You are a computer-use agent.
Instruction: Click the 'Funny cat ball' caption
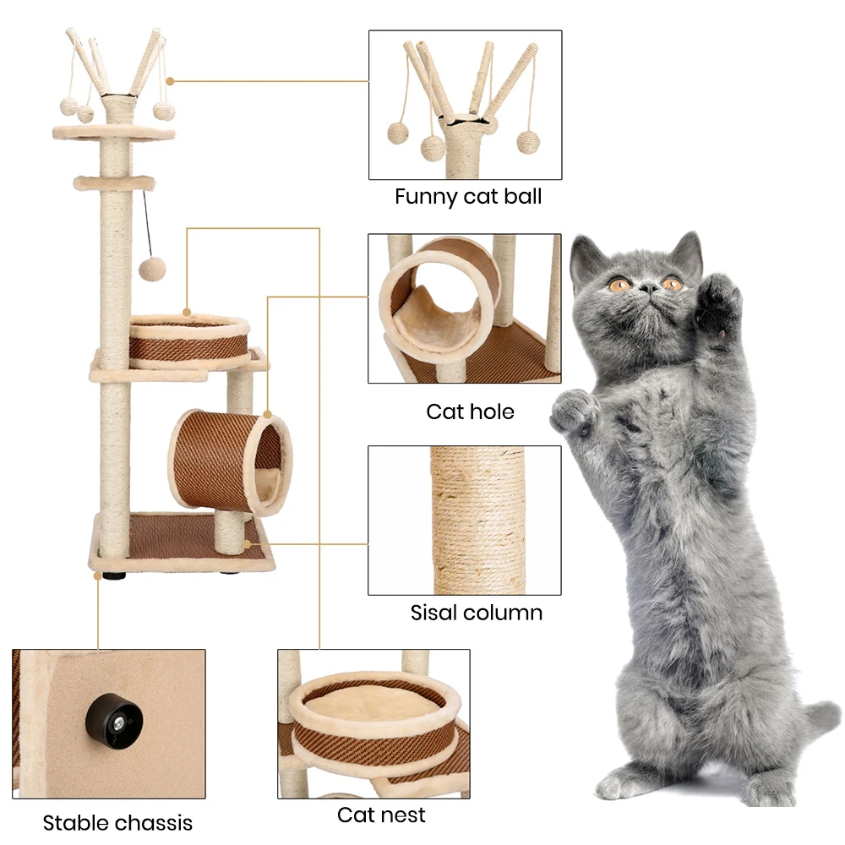[x=467, y=197]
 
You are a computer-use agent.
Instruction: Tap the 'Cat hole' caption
[x=470, y=412]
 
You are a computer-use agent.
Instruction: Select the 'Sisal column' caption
[x=477, y=612]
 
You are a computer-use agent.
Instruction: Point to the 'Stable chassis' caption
[x=117, y=822]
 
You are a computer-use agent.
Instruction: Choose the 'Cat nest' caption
[x=381, y=815]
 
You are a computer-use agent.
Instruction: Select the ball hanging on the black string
[x=152, y=270]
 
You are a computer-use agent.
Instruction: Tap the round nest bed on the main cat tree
[x=188, y=340]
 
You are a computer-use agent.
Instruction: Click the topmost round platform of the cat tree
[x=113, y=132]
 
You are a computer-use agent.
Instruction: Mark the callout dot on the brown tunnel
[x=267, y=415]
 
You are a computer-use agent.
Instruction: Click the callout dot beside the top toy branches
[x=170, y=81]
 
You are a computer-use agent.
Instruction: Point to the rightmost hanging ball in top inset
[x=528, y=141]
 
